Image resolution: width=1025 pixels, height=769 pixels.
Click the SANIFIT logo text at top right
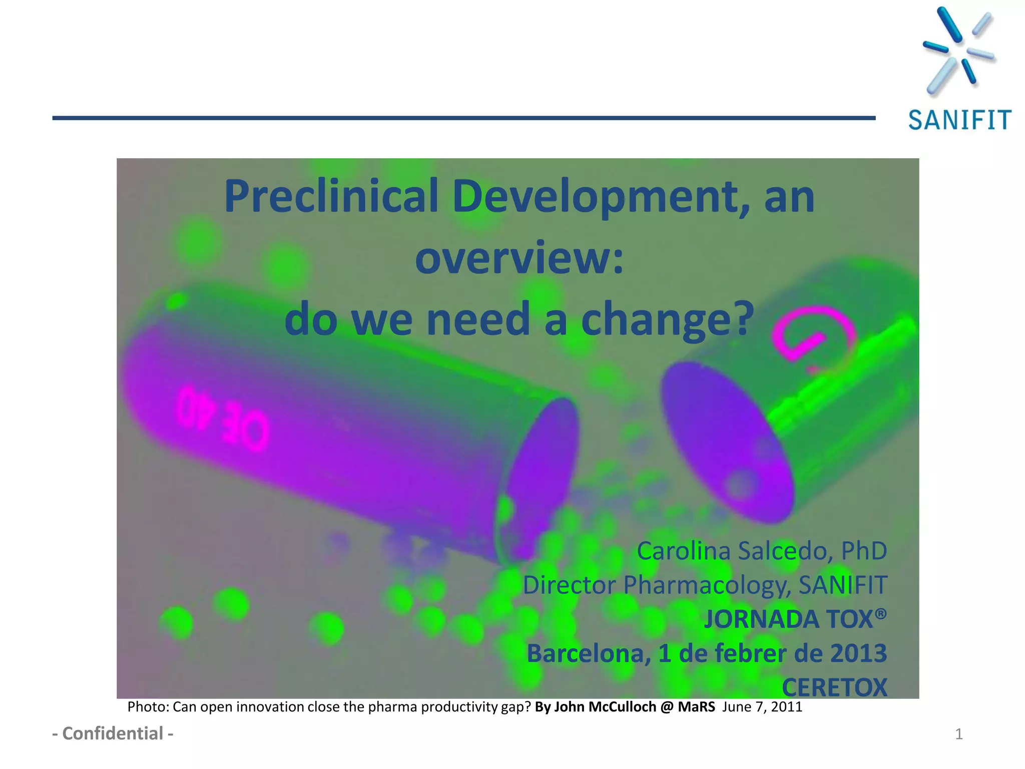959,120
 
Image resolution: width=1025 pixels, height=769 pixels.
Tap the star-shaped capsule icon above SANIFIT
958,50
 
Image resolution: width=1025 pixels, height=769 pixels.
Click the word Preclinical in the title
331,196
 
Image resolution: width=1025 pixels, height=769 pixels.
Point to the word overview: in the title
519,258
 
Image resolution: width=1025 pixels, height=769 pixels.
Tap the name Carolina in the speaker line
684,551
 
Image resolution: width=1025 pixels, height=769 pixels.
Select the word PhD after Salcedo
864,551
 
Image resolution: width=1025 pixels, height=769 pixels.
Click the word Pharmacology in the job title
707,585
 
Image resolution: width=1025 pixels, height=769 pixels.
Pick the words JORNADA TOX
795,619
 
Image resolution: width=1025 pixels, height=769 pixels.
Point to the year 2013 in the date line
858,653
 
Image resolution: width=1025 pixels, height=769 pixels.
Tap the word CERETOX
834,687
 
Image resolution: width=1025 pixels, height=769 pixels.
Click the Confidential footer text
113,733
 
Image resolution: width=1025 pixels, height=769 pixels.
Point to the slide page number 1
958,734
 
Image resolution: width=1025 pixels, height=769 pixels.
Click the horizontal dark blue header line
463,118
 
